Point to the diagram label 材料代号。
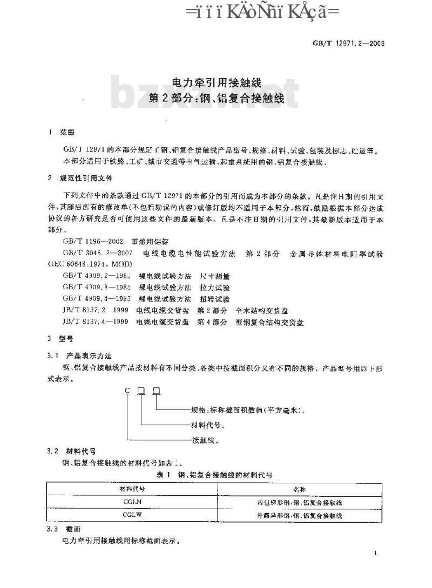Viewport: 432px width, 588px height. point(208,424)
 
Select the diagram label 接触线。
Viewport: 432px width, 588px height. point(205,440)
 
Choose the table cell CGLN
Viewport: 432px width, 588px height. point(132,502)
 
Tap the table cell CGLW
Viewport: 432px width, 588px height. point(132,515)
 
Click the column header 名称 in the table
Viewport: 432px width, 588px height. point(300,489)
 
